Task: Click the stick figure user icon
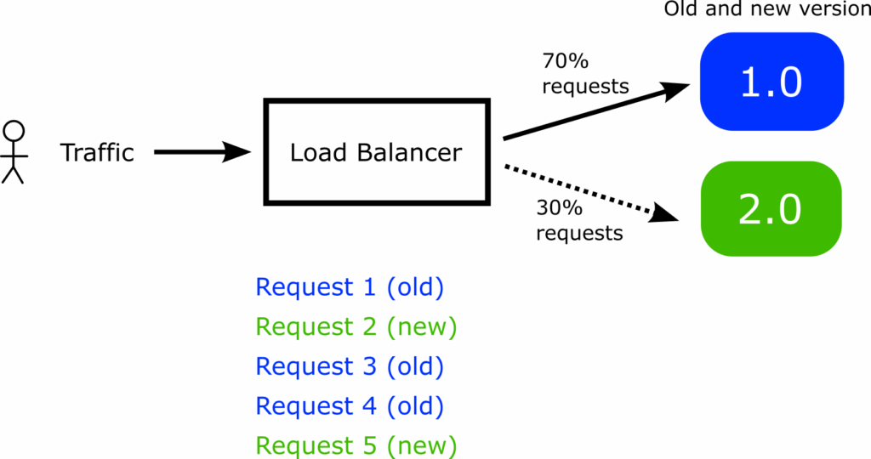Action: (14, 153)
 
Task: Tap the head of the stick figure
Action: (14, 131)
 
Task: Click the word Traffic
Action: (97, 153)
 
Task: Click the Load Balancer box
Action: (376, 153)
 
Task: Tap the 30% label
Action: (559, 207)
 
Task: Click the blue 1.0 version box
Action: (771, 82)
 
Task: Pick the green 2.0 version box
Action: (771, 209)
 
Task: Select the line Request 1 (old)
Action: (350, 287)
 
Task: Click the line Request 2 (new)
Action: (356, 326)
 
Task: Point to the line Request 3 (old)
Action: (350, 366)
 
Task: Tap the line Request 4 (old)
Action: (350, 406)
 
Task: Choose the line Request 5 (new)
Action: (356, 445)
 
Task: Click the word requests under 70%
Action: (585, 87)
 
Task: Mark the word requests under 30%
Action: (578, 232)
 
